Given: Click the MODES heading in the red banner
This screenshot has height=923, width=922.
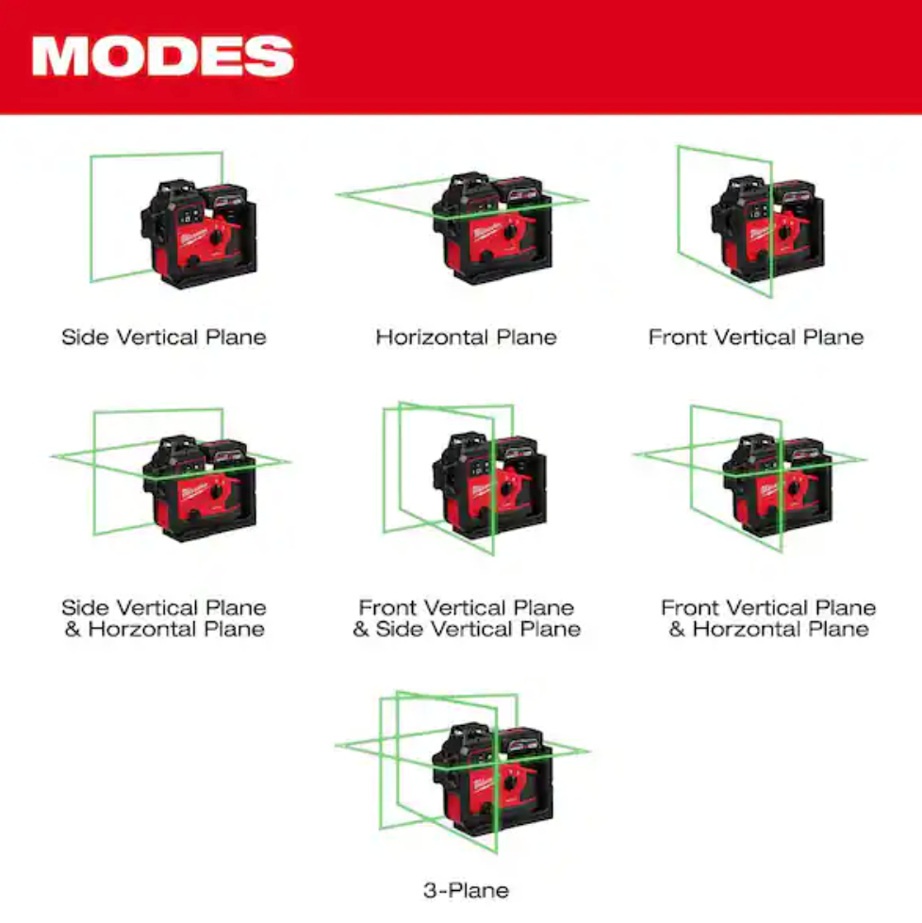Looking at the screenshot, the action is pos(162,56).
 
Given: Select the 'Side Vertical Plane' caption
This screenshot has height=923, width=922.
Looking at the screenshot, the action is pos(164,338).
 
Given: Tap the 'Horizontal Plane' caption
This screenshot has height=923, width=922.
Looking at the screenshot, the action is pos(467,338).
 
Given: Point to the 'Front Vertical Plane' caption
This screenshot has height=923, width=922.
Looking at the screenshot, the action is pos(756,338).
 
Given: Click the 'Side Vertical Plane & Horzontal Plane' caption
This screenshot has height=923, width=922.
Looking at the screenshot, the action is pos(164,618).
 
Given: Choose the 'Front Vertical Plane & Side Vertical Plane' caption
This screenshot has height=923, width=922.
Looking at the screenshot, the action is pos(467,618).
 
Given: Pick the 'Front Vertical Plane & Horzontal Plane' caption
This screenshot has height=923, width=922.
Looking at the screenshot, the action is pos(768,618).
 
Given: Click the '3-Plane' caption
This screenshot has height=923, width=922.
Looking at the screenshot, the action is pos(467,891).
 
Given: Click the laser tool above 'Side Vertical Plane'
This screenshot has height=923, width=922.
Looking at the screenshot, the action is pos(198,234).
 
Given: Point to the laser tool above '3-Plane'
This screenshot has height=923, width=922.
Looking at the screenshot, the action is pos(493,779).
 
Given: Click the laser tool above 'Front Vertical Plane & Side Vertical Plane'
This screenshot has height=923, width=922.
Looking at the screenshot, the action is pos(490,484).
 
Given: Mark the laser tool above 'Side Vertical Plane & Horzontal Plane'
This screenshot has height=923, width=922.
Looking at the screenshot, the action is pos(200,488).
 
